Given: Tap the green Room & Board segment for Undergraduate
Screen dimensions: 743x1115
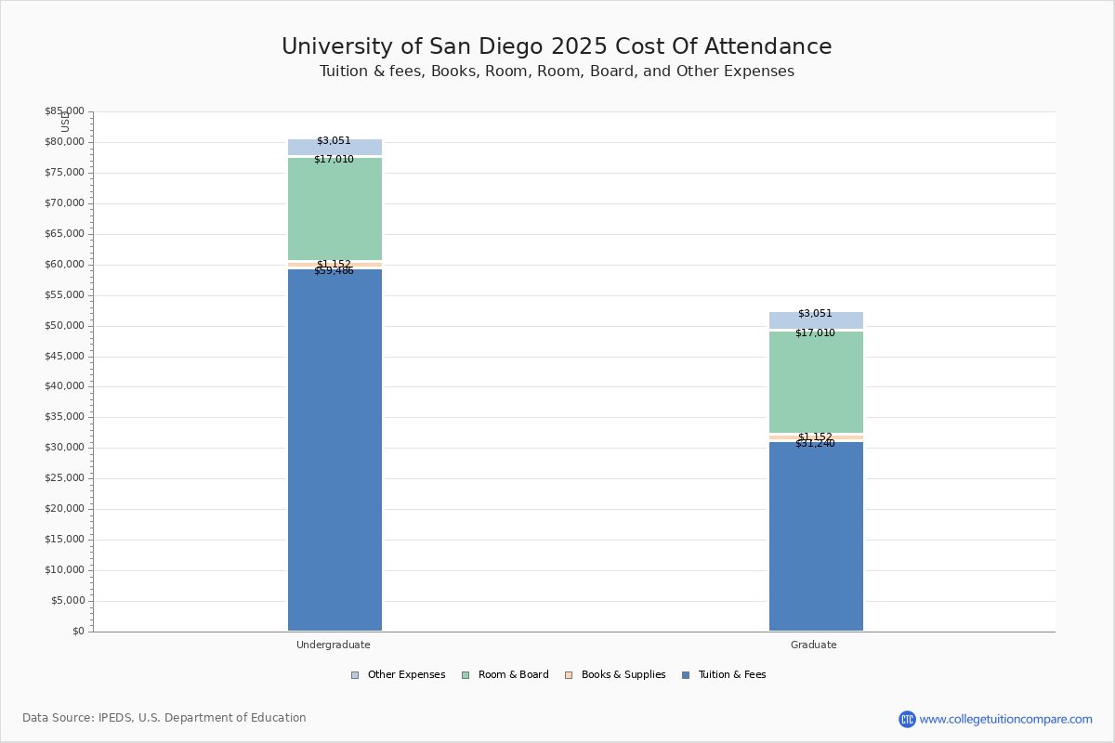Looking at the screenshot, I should pyautogui.click(x=334, y=209).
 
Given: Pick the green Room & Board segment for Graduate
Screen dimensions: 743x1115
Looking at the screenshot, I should pyautogui.click(x=816, y=383).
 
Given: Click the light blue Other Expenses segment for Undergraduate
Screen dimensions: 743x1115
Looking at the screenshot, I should pyautogui.click(x=334, y=148).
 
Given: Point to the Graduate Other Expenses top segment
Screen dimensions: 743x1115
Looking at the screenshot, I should pyautogui.click(x=816, y=320).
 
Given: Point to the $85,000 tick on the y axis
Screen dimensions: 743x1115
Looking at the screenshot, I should pyautogui.click(x=64, y=111).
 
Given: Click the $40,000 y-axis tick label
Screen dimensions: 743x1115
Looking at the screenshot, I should pyautogui.click(x=64, y=386).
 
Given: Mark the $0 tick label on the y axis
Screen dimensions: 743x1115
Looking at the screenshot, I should pyautogui.click(x=77, y=632).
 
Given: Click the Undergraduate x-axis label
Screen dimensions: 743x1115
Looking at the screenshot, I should pyautogui.click(x=334, y=645).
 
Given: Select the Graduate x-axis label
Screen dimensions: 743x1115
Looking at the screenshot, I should pyautogui.click(x=814, y=645).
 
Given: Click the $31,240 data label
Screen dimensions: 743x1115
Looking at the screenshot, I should pyautogui.click(x=815, y=444).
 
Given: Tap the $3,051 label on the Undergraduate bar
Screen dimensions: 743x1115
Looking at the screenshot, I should pyautogui.click(x=334, y=141).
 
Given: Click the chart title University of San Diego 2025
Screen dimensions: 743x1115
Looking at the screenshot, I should pyautogui.click(x=557, y=47).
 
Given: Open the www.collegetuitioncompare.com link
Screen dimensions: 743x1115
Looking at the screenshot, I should pyautogui.click(x=1005, y=719).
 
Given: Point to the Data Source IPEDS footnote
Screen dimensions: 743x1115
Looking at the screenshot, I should pyautogui.click(x=164, y=718).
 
